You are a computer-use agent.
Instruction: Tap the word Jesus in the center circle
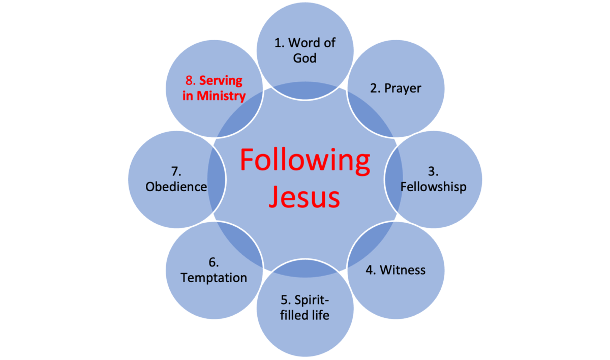tap(304, 196)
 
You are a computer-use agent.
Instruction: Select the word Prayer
tap(403, 88)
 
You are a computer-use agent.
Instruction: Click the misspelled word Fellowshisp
tap(433, 187)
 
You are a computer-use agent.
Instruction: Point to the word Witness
tap(403, 270)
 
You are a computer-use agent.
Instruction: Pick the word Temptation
tap(214, 278)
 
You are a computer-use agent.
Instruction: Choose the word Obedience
tap(176, 187)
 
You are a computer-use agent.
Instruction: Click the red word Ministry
tap(221, 96)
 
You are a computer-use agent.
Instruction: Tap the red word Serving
tap(221, 81)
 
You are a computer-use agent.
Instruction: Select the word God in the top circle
tap(304, 58)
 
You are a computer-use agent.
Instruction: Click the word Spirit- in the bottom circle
tap(312, 301)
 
